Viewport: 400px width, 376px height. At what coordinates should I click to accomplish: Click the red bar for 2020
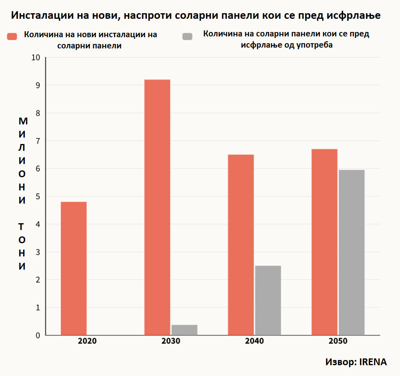[74, 268]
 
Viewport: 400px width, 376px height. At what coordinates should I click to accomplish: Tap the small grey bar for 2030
[184, 330]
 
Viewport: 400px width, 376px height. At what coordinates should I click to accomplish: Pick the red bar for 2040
[241, 244]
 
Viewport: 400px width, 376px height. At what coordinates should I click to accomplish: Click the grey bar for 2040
[268, 300]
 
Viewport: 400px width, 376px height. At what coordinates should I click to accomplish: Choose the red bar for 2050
[324, 242]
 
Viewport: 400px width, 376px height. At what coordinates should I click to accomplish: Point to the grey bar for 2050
[352, 252]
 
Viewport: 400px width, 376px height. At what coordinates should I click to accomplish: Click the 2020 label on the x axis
[87, 342]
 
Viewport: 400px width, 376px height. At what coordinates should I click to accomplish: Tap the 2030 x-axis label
[171, 342]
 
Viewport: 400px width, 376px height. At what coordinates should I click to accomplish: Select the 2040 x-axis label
[254, 342]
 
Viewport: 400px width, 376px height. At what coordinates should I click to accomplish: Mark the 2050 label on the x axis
[338, 342]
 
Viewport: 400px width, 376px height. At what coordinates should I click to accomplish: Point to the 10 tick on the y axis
[36, 58]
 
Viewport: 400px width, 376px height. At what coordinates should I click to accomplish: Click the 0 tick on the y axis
[38, 335]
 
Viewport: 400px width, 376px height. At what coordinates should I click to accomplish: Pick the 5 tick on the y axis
[38, 196]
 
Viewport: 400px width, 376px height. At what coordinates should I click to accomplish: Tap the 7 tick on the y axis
[38, 141]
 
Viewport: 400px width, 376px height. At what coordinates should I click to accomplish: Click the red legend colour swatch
[12, 36]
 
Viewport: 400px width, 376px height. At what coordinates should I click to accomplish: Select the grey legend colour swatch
[187, 36]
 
